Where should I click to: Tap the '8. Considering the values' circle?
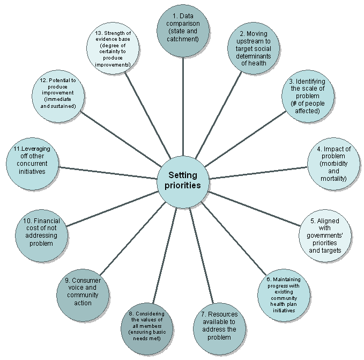[147, 325]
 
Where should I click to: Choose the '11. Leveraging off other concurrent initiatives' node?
[32, 163]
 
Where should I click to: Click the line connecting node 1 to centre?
[183, 107]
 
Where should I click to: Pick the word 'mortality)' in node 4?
[333, 178]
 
